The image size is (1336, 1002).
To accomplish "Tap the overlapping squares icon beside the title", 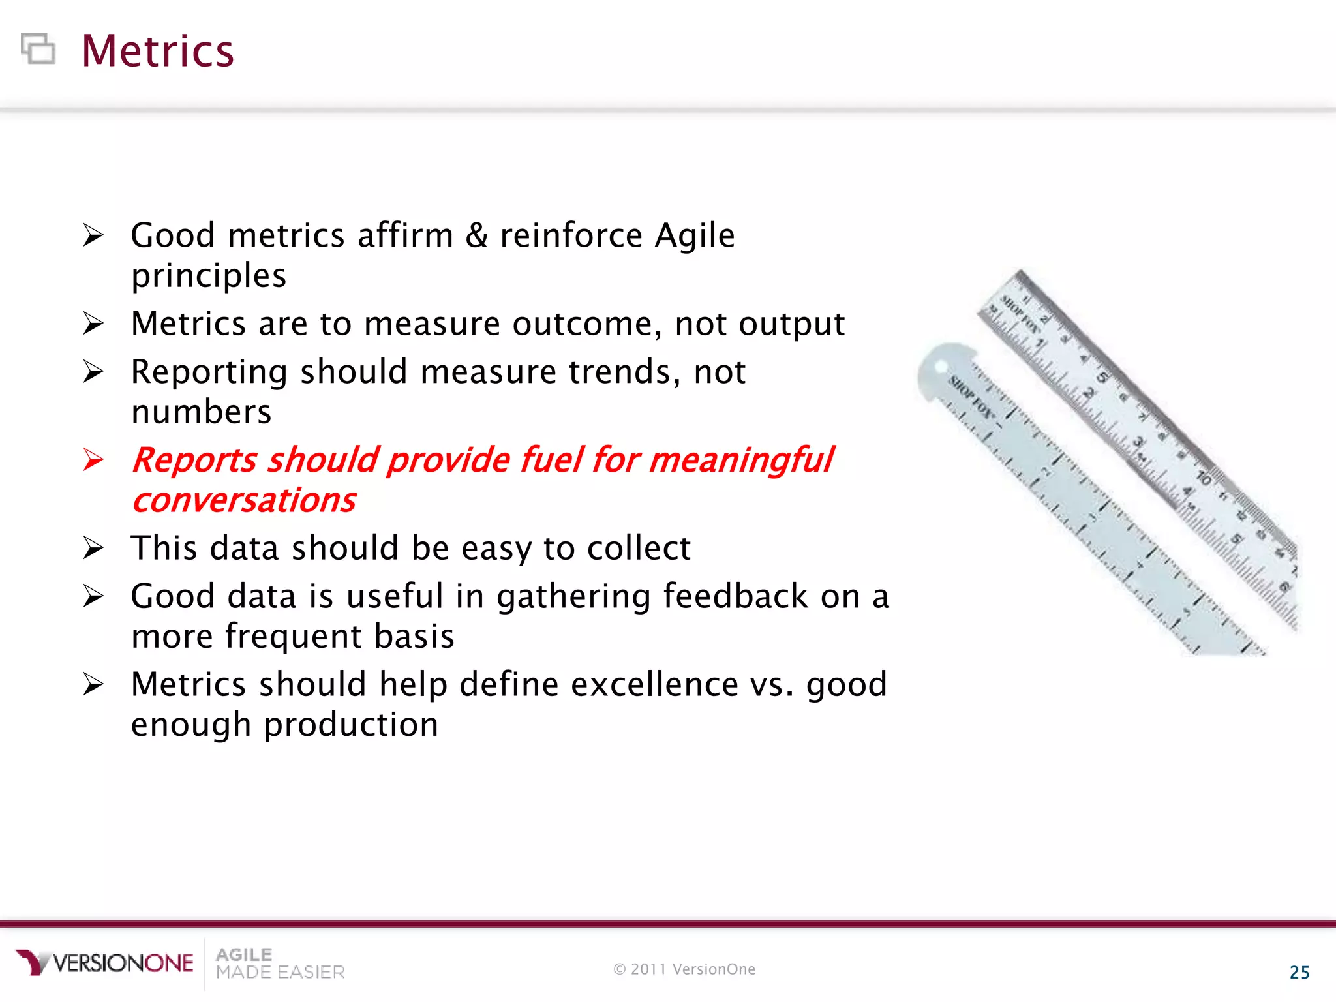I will (38, 49).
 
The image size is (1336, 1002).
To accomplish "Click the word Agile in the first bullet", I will (694, 235).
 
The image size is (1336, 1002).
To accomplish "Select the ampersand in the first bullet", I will (476, 235).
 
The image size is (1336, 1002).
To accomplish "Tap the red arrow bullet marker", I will (93, 460).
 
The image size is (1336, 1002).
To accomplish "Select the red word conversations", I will (244, 501).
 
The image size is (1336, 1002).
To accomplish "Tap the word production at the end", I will (350, 725).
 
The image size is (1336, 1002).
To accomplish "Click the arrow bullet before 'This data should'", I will (93, 548).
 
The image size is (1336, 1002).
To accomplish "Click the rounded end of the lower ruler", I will (939, 372).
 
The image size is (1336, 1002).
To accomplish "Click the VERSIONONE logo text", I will (123, 963).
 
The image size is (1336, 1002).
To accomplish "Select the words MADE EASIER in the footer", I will (280, 973).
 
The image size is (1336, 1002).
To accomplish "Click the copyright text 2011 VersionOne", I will (684, 969).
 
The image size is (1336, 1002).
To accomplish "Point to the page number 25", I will (1299, 973).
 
